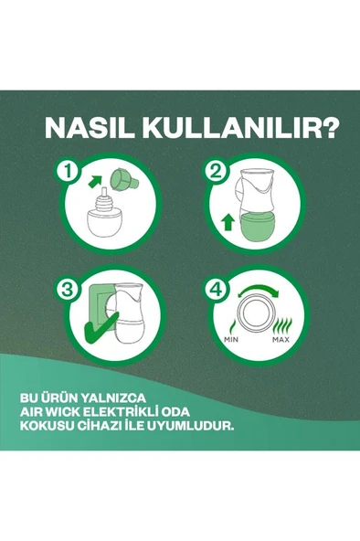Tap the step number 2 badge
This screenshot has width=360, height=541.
[x=217, y=171]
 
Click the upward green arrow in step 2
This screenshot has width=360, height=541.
[x=227, y=220]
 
